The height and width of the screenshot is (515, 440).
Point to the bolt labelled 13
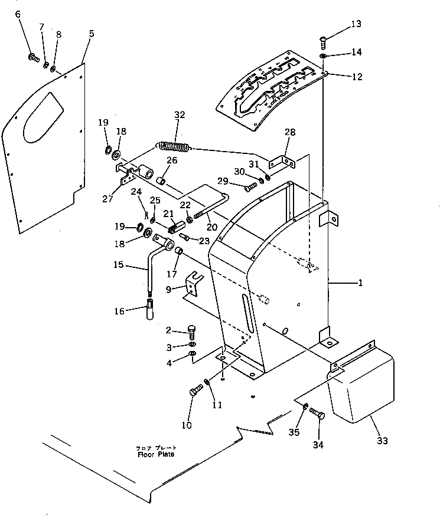pyautogui.click(x=323, y=40)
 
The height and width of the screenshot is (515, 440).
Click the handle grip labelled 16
pyautogui.click(x=150, y=310)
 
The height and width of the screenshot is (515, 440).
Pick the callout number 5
pyautogui.click(x=91, y=34)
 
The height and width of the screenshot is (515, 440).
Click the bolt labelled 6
pyautogui.click(x=34, y=58)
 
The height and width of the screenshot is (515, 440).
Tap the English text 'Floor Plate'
pyautogui.click(x=156, y=454)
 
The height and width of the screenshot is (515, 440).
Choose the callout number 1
pyautogui.click(x=360, y=283)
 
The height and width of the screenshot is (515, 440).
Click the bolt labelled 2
pyautogui.click(x=191, y=330)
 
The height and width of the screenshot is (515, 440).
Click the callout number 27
pyautogui.click(x=107, y=198)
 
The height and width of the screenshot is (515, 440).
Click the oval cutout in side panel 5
pyautogui.click(x=41, y=120)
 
